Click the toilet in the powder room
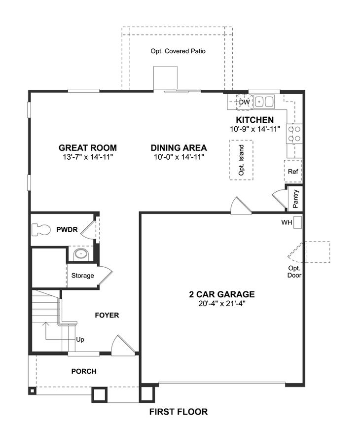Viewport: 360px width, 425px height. point(41,230)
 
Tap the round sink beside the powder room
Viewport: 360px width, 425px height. point(81,254)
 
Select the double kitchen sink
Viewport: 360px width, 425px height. point(264,102)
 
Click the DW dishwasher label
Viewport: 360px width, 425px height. point(244,102)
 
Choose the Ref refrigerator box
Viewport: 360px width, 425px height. point(293,171)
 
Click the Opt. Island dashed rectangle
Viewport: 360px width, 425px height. point(241,160)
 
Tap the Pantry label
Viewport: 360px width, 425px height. point(295,199)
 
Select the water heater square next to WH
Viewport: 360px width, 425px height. point(298,222)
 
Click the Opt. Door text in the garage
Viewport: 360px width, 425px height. point(294,272)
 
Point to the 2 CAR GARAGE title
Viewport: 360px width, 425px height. point(222,294)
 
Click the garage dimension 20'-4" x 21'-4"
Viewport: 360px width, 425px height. point(222,304)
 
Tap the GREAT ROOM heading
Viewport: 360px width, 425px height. point(88,148)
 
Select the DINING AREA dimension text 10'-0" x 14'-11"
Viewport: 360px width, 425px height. point(179,157)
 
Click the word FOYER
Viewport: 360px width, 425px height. point(107,315)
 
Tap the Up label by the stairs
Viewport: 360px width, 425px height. point(80,340)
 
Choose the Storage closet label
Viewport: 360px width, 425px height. point(83,276)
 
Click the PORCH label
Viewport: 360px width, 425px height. point(84,371)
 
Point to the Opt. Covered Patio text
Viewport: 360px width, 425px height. point(178,51)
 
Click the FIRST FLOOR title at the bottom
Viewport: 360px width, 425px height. point(179,412)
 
